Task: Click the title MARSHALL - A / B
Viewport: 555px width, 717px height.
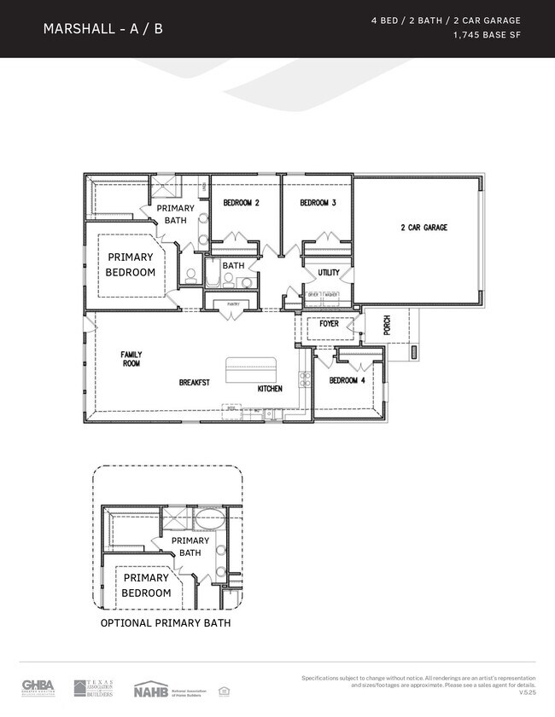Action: coord(102,29)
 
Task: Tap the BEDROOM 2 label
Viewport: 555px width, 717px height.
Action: coord(241,203)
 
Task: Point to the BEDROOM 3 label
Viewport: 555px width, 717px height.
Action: coord(318,203)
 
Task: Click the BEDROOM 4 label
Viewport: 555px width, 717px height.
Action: coord(348,380)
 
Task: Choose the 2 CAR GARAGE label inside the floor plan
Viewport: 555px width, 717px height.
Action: coord(424,228)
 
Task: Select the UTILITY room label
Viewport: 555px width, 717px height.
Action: coord(329,273)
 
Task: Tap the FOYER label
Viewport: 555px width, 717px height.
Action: coord(329,324)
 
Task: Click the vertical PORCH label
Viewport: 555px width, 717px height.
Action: coord(387,325)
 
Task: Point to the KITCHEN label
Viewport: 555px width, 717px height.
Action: coord(270,389)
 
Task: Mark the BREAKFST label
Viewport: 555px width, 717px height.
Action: coord(194,383)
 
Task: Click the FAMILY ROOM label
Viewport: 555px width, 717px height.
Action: coord(131,359)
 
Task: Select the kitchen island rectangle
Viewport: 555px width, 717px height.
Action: coord(252,371)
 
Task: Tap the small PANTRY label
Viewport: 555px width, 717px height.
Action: coord(231,304)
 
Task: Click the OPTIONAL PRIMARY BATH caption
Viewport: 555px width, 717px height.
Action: coord(166,623)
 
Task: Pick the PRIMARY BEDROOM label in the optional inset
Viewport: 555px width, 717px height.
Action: coord(146,585)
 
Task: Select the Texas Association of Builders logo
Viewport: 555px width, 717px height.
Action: coord(93,688)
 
